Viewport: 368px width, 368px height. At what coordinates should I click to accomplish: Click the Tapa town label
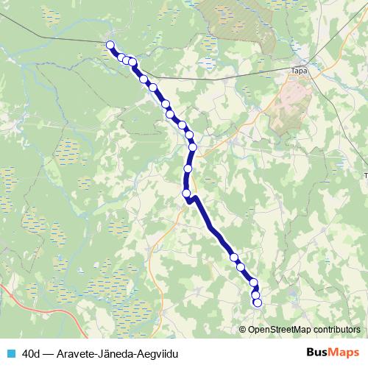tap(299, 71)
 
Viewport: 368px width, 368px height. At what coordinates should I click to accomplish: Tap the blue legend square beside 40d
tap(11, 353)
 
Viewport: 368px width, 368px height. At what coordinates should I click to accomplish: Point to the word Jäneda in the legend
tap(118, 353)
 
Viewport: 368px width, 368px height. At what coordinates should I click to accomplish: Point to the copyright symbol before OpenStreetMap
tap(244, 329)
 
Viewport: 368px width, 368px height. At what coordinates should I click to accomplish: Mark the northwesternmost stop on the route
tap(111, 46)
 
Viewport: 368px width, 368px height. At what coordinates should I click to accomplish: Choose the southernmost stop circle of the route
tap(258, 302)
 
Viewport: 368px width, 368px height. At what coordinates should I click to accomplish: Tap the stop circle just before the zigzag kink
tap(186, 194)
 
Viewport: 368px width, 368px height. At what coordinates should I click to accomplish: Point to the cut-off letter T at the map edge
tap(366, 175)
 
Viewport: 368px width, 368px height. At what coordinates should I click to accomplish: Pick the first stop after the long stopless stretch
tap(234, 258)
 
